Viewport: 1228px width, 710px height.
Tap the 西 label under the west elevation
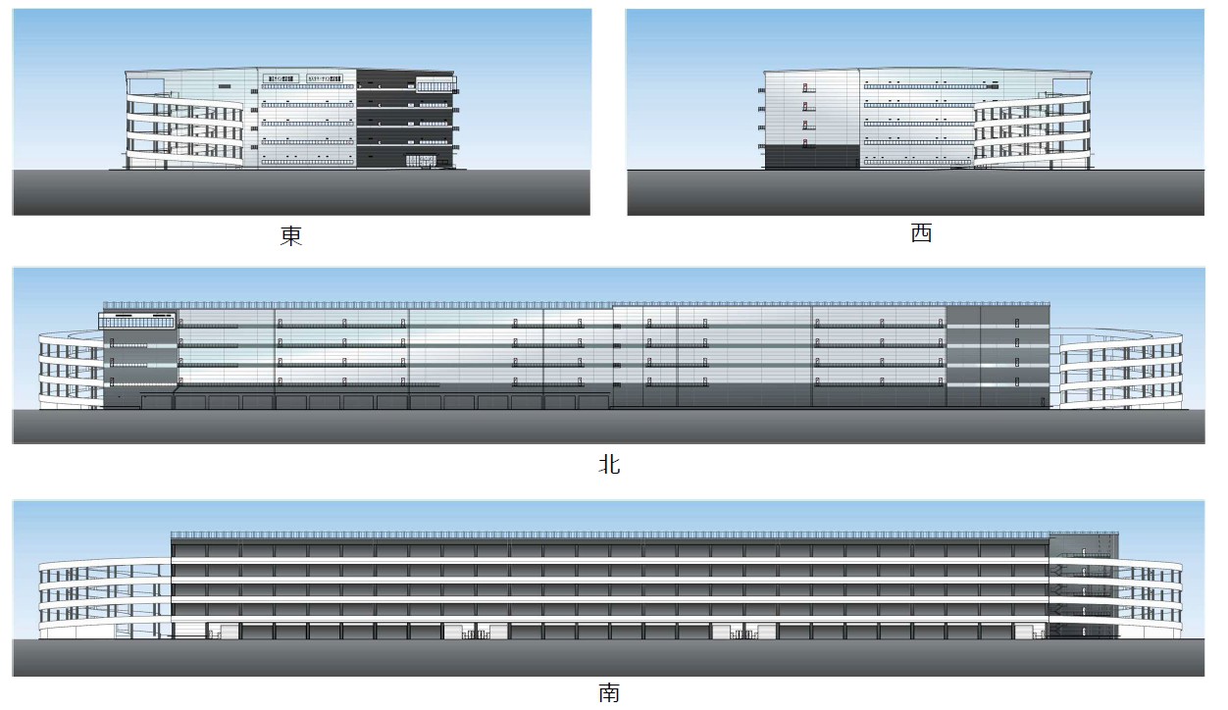click(x=921, y=233)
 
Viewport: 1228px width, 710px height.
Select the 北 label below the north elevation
click(x=609, y=464)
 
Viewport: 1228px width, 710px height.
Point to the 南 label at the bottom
click(x=609, y=693)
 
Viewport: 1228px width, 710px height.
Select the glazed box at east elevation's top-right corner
click(x=435, y=84)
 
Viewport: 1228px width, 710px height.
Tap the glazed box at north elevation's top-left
click(x=138, y=320)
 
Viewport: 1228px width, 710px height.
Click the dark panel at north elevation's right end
click(x=998, y=354)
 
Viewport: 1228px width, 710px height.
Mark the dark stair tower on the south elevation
click(x=1083, y=585)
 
